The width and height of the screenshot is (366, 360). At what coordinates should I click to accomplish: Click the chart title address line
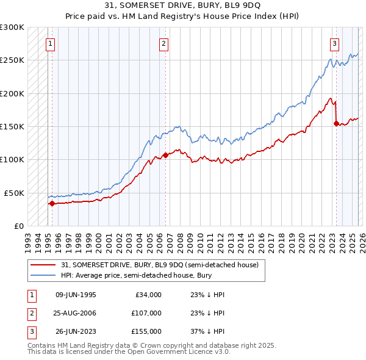click(183, 5)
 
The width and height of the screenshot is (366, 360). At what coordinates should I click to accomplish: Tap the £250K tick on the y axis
click(12, 60)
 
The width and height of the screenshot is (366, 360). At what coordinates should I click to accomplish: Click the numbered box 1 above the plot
click(50, 43)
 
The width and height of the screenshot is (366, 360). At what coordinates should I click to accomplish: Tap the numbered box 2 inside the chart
click(164, 43)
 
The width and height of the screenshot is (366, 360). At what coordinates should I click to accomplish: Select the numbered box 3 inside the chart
click(335, 43)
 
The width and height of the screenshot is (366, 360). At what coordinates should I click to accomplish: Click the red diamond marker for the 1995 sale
click(52, 204)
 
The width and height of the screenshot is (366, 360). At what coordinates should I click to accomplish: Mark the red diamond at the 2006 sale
click(165, 156)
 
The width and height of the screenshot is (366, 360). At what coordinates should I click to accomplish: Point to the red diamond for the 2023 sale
click(336, 124)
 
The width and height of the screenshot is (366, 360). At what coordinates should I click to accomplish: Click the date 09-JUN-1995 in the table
click(76, 295)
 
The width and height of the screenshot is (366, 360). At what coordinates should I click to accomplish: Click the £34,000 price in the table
click(148, 295)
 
